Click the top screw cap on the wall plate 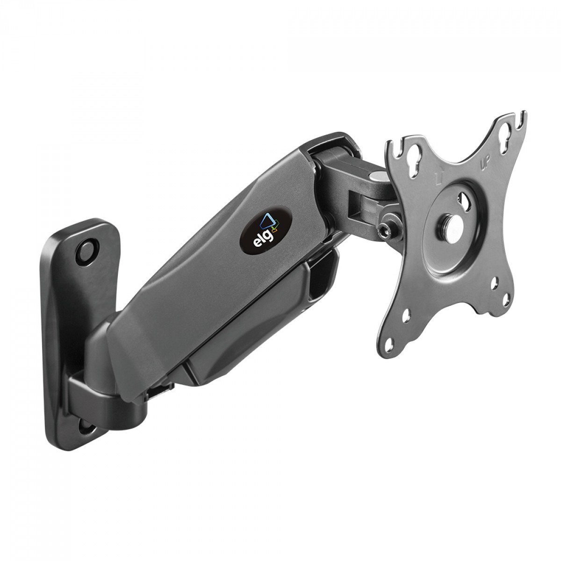pos(86,253)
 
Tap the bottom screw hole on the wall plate pos(86,426)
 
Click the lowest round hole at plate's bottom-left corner pos(407,345)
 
